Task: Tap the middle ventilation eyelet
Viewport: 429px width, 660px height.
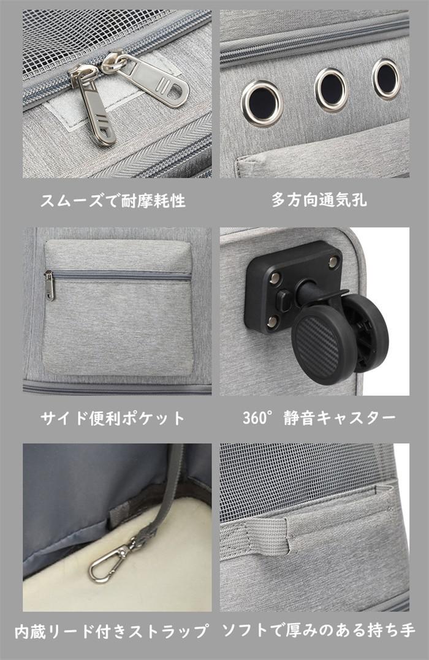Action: [x=332, y=89]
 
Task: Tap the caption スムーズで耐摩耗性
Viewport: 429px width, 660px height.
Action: [x=113, y=201]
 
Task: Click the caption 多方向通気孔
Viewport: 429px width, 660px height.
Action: [x=319, y=200]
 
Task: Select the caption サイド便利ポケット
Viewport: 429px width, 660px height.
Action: [x=113, y=419]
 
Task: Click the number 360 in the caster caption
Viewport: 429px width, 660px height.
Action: [x=255, y=418]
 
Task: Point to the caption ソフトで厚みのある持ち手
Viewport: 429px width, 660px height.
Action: [x=319, y=631]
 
